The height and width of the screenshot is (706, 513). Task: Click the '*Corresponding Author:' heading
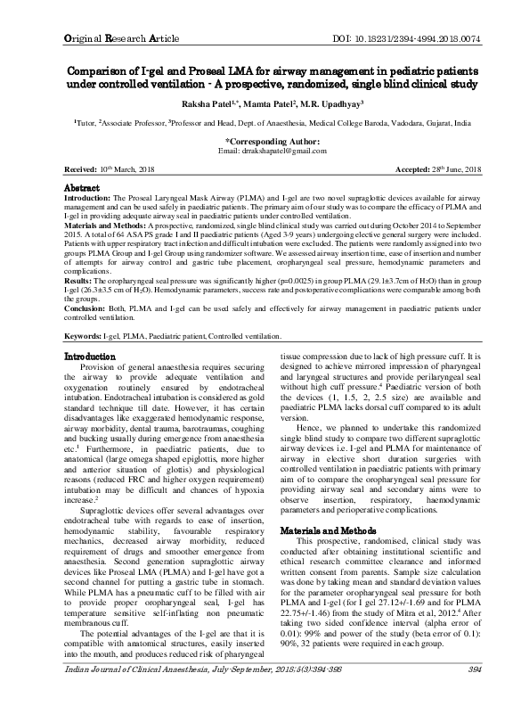256,141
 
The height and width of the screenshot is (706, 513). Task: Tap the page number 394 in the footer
450,692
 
